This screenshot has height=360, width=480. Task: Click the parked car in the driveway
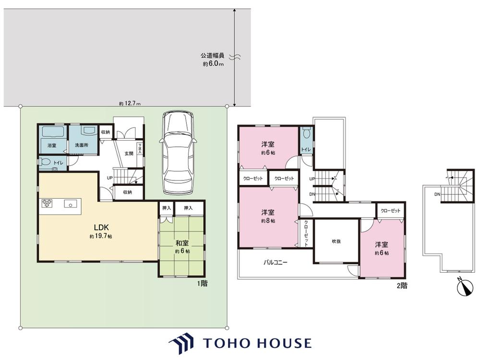click(178, 152)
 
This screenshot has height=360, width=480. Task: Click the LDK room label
click(101, 227)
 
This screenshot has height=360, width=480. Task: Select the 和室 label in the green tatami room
click(182, 243)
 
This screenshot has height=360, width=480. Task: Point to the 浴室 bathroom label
click(52, 145)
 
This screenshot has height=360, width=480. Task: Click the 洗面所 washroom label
click(82, 145)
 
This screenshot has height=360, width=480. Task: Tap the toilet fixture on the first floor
click(45, 162)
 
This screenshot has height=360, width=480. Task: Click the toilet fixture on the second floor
click(306, 133)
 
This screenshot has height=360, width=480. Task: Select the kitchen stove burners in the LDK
click(47, 203)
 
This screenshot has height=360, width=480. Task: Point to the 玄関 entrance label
click(129, 154)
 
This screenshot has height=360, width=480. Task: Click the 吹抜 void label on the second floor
click(336, 241)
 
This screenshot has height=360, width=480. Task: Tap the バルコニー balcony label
click(276, 263)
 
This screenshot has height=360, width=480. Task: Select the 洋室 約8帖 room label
click(268, 216)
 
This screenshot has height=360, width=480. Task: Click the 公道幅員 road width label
click(213, 56)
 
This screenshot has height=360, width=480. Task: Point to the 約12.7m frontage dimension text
click(130, 104)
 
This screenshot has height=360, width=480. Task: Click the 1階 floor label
click(203, 284)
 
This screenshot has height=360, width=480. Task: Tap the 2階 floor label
click(402, 286)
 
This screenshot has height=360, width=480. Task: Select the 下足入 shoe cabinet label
click(140, 148)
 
